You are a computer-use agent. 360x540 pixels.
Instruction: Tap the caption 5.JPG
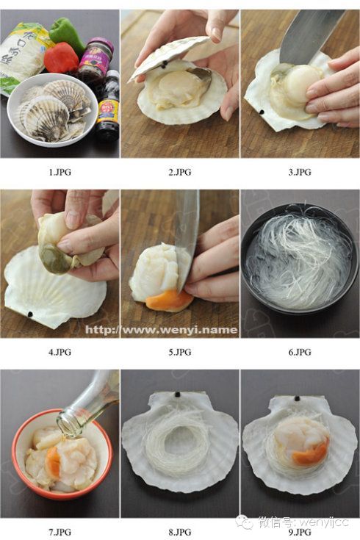tap(179, 352)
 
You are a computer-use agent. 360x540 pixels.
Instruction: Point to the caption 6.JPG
tap(299, 352)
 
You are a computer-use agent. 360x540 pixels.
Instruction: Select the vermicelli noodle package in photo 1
tap(21, 55)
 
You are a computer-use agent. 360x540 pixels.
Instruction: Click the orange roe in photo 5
tap(168, 299)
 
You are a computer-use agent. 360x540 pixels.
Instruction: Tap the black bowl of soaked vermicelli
tap(299, 261)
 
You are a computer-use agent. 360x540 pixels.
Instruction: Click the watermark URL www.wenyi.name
tap(161, 329)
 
